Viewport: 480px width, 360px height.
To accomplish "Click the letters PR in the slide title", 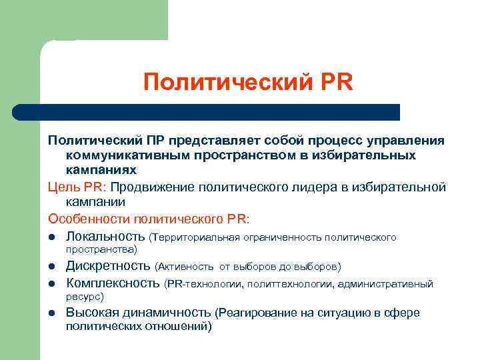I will [331, 83].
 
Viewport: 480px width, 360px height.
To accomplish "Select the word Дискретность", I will [108, 266].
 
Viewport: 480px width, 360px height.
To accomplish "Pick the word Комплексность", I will [113, 284].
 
